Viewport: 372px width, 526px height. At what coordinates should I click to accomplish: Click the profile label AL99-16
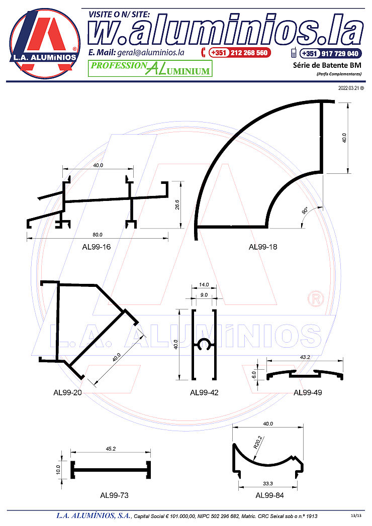coord(97,247)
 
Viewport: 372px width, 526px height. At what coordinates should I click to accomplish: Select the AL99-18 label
coord(263,247)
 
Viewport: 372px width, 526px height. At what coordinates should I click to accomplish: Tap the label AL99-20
coord(67,392)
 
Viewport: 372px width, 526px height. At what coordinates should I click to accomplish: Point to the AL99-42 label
coord(204,392)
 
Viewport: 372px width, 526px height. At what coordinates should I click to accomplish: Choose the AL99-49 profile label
coord(308,392)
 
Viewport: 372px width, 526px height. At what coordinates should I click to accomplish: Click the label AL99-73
coord(114,495)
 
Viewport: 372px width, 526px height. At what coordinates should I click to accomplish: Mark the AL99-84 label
coord(269,495)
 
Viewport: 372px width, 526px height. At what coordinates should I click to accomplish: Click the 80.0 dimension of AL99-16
coord(98,235)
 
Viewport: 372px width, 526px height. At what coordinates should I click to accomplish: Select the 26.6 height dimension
coord(177,204)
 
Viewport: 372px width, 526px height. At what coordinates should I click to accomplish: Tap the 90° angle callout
coord(305,211)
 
